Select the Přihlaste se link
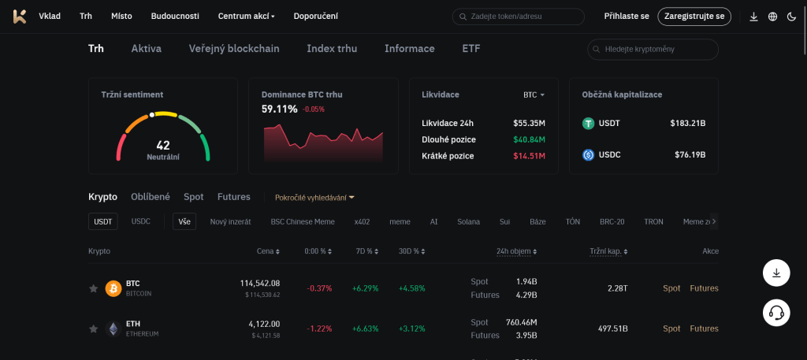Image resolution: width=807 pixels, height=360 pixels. pyautogui.click(x=627, y=16)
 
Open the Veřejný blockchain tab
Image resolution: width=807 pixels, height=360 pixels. pyautogui.click(x=234, y=49)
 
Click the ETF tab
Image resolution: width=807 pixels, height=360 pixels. pyautogui.click(x=470, y=49)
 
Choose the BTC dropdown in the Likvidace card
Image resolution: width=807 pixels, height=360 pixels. pyautogui.click(x=534, y=95)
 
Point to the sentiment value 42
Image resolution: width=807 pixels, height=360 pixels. pyautogui.click(x=163, y=145)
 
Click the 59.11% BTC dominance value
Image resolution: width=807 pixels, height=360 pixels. pyautogui.click(x=280, y=109)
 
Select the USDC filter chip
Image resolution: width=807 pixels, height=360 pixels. pyautogui.click(x=141, y=221)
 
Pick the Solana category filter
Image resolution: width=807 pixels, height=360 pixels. pyautogui.click(x=468, y=221)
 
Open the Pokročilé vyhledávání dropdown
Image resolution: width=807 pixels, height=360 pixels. pyautogui.click(x=314, y=197)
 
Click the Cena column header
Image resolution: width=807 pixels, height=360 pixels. pyautogui.click(x=268, y=251)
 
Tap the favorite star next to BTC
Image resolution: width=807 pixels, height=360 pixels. pyautogui.click(x=93, y=288)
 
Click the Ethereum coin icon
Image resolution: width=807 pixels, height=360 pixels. pyautogui.click(x=113, y=328)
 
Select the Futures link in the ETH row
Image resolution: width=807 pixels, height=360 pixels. pyautogui.click(x=704, y=328)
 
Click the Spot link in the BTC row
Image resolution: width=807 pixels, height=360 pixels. pyautogui.click(x=671, y=288)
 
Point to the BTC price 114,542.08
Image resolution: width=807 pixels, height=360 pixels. pyautogui.click(x=260, y=283)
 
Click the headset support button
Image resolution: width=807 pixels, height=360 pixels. pyautogui.click(x=776, y=313)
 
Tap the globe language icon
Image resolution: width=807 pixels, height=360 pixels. pyautogui.click(x=772, y=17)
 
